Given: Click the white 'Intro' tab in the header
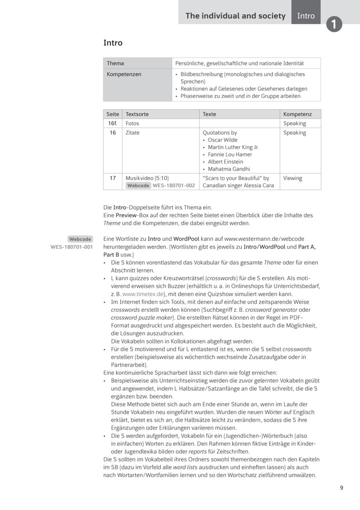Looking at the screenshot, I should coord(306,16).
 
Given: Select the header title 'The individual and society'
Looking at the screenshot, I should coord(235,16).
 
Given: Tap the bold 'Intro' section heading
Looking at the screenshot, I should coord(113,43).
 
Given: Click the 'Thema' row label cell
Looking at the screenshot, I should coord(115,64).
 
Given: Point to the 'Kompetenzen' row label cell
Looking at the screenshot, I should coord(124,74).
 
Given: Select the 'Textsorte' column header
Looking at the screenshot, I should coord(137,114).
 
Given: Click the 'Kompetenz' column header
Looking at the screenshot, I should coord(297,114).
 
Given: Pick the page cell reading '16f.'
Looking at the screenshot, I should coord(113,123).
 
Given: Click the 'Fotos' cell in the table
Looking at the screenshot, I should coord(132,123).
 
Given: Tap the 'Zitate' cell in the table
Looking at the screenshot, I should coord(132,133).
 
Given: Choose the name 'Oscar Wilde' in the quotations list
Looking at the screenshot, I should coord(222,140).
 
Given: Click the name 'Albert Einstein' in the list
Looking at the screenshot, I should coord(225,162).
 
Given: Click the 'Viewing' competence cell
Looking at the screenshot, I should coord(292,178).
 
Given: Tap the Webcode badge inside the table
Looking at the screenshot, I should coord(138,185).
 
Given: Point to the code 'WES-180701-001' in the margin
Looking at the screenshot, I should coord(71,247).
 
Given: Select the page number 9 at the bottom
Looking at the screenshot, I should coord(341,488).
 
